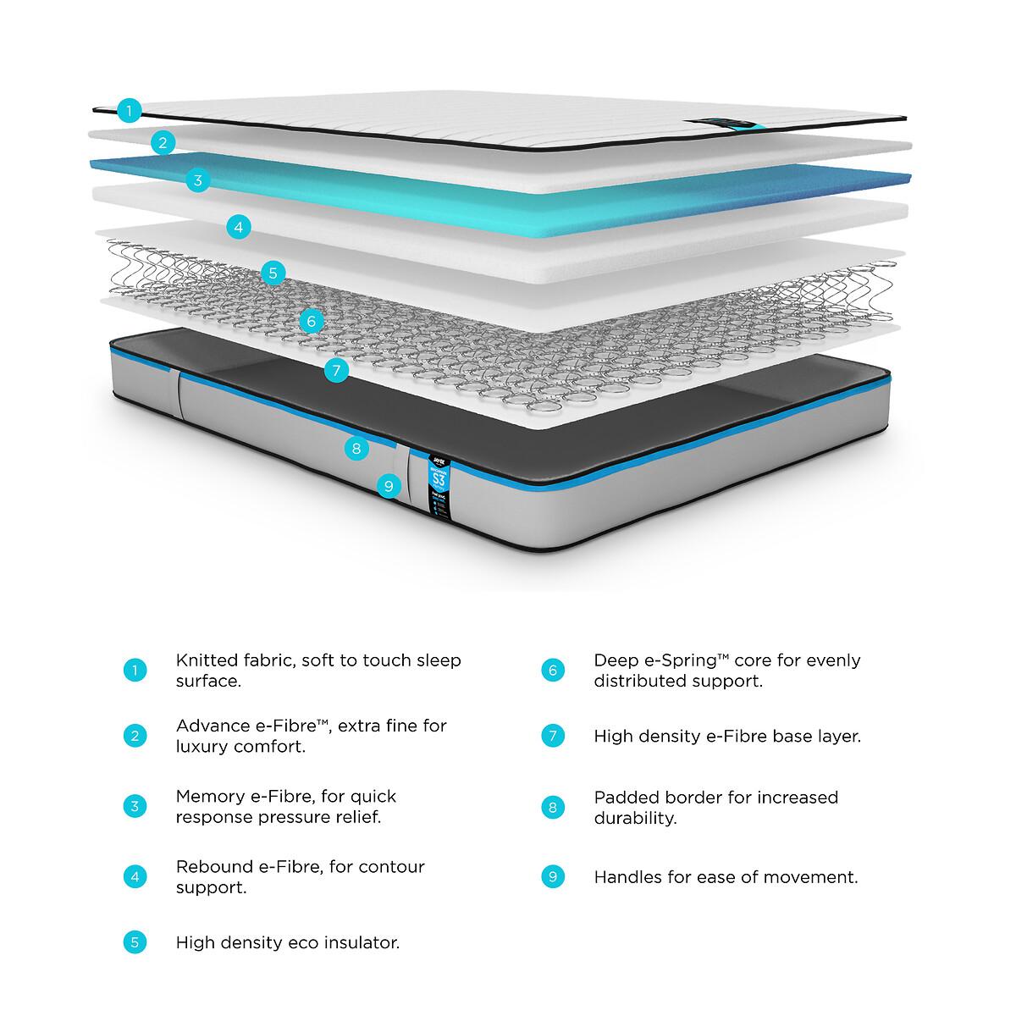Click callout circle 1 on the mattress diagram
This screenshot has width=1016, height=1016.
[129, 110]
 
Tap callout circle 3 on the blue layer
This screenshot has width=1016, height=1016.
[197, 179]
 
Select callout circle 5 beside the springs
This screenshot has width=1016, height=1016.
[272, 273]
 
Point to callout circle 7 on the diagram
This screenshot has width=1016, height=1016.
[336, 370]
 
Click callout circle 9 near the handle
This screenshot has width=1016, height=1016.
[388, 486]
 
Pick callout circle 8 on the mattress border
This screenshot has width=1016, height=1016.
[356, 449]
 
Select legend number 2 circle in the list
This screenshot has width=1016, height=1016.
[135, 736]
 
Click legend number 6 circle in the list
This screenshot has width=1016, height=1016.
[552, 671]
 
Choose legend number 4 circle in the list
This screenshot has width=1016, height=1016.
[135, 876]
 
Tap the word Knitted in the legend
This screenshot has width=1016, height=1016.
[206, 660]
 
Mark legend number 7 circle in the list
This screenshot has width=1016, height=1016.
[552, 736]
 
